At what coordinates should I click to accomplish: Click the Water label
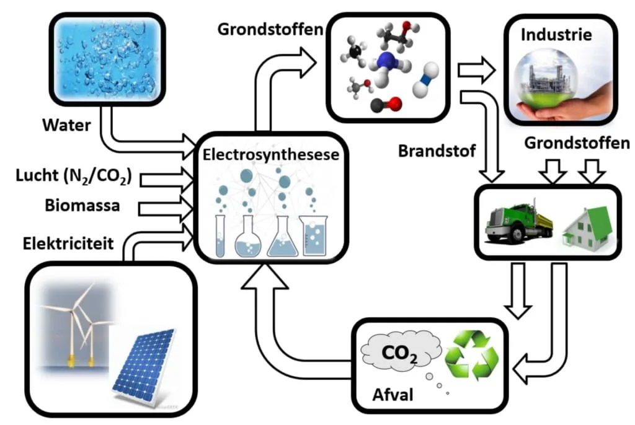tap(66, 125)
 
